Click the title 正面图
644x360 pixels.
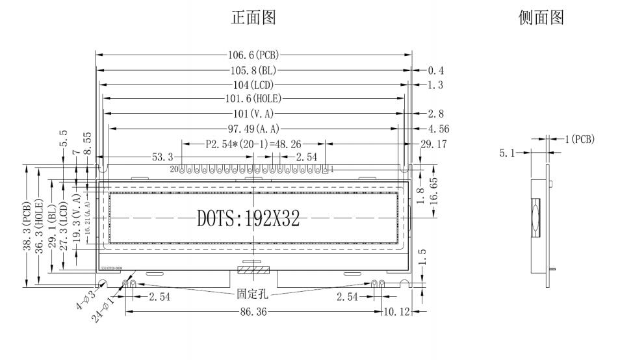coord(254,19)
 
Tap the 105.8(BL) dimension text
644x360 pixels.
coord(254,70)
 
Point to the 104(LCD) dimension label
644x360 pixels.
coord(254,85)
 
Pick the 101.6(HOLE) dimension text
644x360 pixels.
coord(254,99)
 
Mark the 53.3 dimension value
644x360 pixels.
coord(162,157)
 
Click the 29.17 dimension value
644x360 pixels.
coord(433,144)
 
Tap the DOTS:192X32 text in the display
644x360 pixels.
coord(248,219)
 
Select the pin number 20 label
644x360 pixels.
coord(174,170)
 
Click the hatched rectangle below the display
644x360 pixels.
coord(253,269)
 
